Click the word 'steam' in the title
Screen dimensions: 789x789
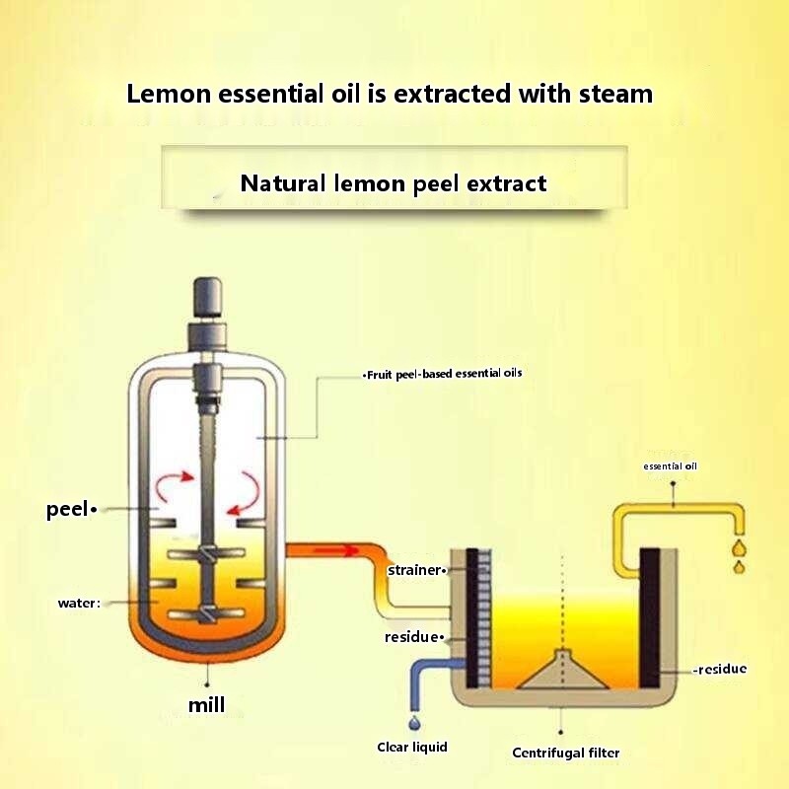point(610,95)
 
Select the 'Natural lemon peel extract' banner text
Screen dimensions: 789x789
point(394,183)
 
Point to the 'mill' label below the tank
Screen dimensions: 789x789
point(207,704)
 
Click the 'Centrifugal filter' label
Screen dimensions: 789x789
point(566,753)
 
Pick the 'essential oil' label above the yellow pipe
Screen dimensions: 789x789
point(670,466)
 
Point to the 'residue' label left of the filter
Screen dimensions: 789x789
point(413,637)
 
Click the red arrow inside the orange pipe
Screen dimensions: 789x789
point(336,550)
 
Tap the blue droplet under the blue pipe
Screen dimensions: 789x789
point(412,725)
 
